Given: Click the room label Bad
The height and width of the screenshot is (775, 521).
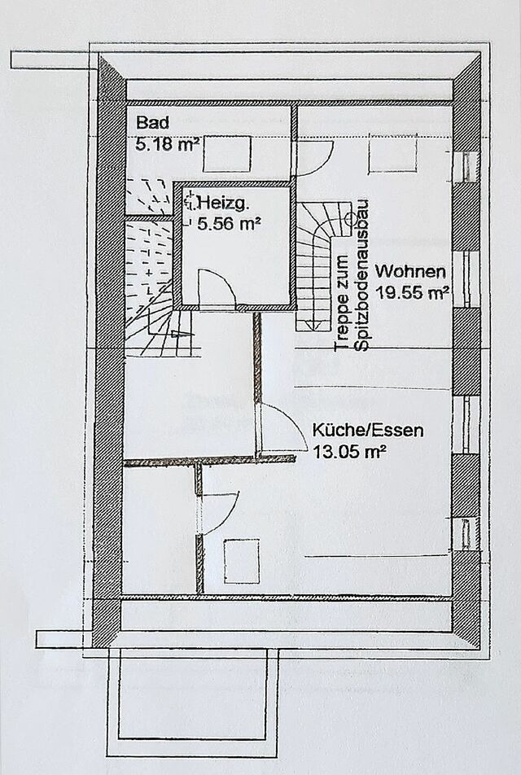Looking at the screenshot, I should tap(152, 125).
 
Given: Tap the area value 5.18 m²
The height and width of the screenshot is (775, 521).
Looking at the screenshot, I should tap(168, 146).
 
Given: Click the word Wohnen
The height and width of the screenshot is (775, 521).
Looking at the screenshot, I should tap(411, 271).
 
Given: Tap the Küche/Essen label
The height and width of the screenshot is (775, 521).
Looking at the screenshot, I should tap(368, 431).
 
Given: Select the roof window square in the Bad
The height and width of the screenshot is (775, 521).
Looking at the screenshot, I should tap(226, 153).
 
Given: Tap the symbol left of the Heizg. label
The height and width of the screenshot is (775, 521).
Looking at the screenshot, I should tap(190, 199).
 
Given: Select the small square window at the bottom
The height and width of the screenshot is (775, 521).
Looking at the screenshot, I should tap(241, 560).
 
